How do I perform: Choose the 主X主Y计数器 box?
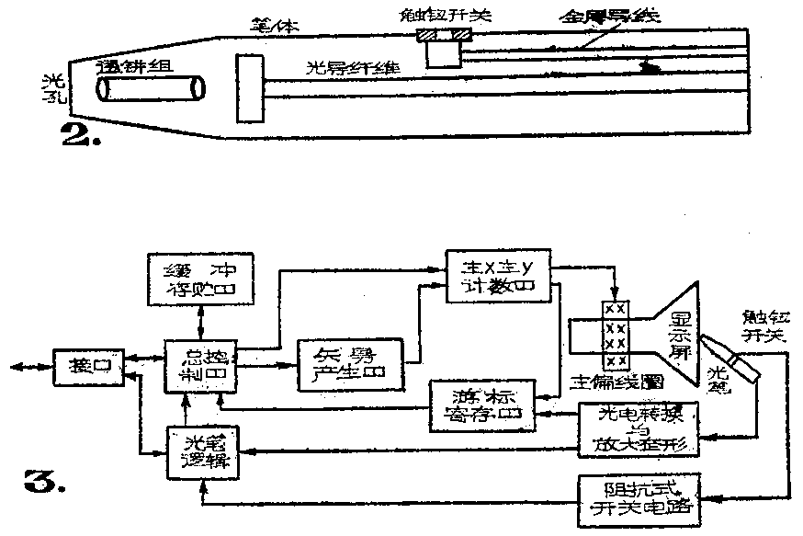coord(496,275)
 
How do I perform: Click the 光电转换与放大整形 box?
coord(638,429)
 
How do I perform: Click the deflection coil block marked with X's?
coord(615,335)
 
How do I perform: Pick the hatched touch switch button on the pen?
coord(445,36)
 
